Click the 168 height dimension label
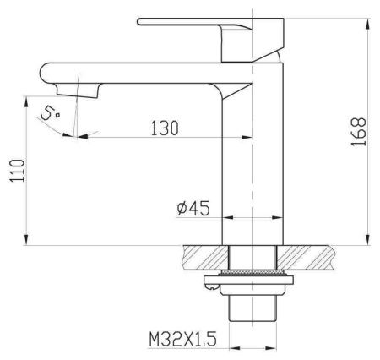click(x=359, y=132)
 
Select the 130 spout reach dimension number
click(x=165, y=128)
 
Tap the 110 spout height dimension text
click(x=18, y=171)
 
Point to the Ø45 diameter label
click(x=193, y=209)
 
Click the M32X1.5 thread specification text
click(x=183, y=339)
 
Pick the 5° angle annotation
click(x=51, y=114)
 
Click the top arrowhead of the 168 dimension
click(x=367, y=24)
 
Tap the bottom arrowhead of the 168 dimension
click(x=367, y=240)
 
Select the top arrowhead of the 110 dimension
click(x=26, y=101)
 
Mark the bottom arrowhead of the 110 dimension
click(x=26, y=240)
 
